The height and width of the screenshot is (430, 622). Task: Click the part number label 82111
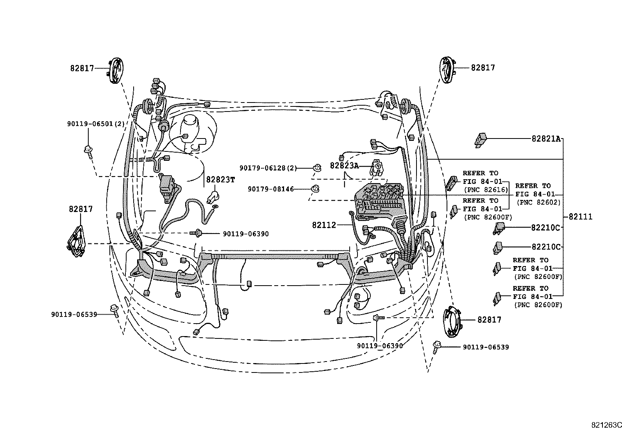(580, 217)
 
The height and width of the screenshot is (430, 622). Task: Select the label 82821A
(546, 139)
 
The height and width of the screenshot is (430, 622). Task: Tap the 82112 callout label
(324, 225)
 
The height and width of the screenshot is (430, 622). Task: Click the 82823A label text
(344, 166)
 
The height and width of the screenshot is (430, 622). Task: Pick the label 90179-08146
(270, 189)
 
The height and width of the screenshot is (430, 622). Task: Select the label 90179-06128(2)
(268, 168)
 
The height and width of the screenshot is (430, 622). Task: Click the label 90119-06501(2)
(96, 124)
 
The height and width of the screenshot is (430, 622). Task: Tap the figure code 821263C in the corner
(606, 425)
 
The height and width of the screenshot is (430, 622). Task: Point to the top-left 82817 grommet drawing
(116, 70)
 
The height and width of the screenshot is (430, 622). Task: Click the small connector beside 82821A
(481, 139)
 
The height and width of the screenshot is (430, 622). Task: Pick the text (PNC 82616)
(486, 190)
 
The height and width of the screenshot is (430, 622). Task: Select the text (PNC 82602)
(538, 203)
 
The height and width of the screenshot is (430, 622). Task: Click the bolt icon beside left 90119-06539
(115, 310)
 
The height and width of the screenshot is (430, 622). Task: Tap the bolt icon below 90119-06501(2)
(88, 150)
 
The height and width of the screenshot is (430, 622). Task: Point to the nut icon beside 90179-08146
(315, 189)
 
